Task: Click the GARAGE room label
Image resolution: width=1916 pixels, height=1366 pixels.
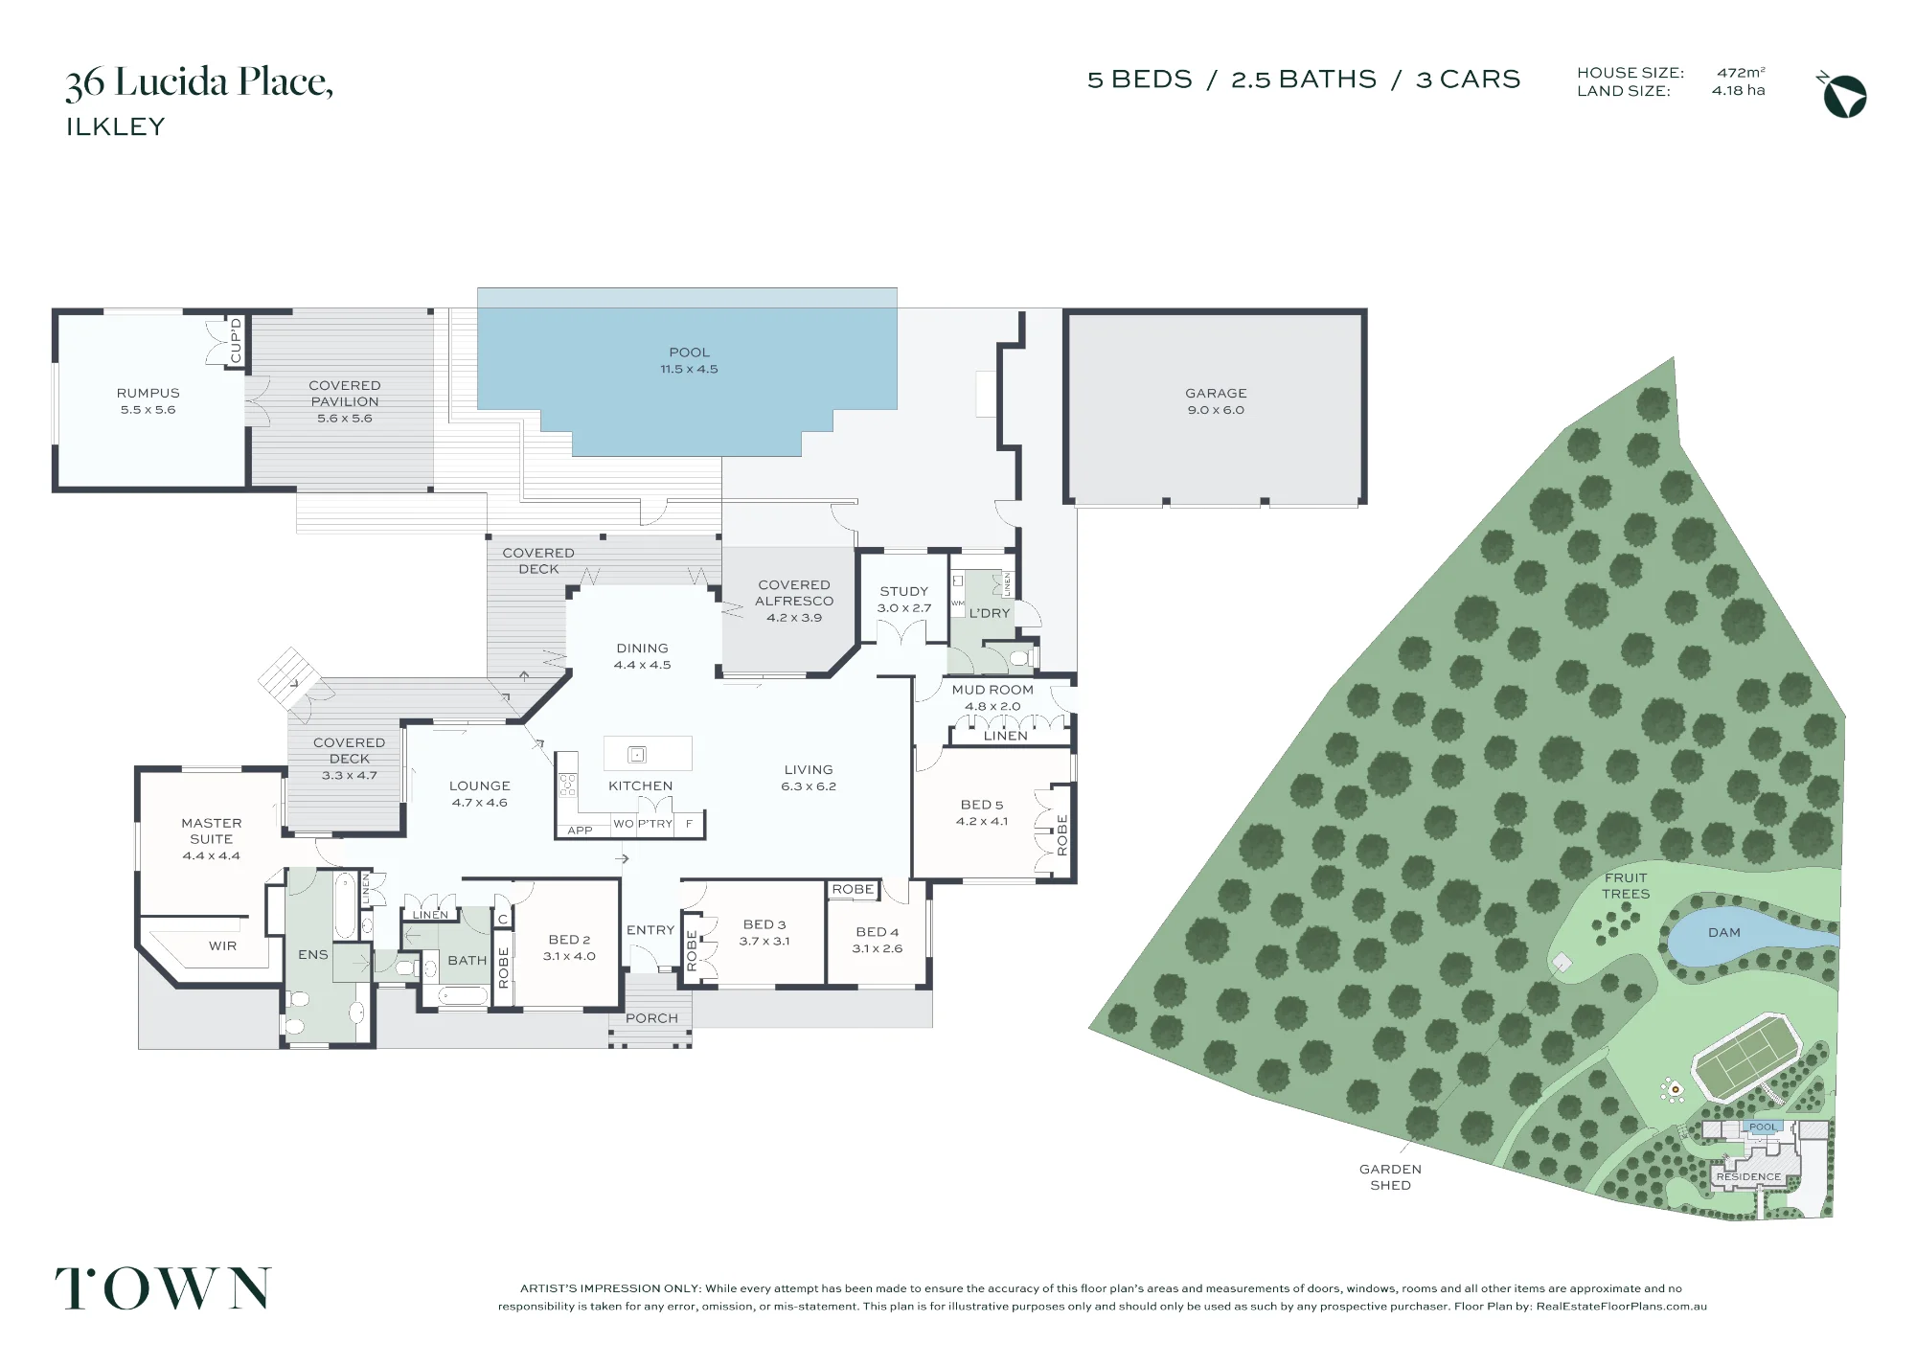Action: pos(1216,393)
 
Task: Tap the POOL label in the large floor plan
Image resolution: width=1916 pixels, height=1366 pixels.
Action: pos(689,353)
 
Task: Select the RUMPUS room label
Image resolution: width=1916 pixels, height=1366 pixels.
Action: pos(148,393)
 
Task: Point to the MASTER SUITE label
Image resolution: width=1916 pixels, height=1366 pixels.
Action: pos(212,831)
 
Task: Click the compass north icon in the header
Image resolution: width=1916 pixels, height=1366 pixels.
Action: pos(1842,95)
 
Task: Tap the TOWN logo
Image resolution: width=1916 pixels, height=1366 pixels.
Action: pos(163,1288)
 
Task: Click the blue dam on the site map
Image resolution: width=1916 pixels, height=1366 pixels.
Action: pos(1748,936)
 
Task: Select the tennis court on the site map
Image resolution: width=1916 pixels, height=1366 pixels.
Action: pos(1746,1056)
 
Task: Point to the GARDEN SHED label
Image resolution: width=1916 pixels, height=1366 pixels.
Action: pos(1390,1176)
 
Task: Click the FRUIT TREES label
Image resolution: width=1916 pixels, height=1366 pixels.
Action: pos(1626,885)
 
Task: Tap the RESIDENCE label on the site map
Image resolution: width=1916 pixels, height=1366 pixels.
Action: pos(1748,1176)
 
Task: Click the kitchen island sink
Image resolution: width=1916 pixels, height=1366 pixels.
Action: pos(637,755)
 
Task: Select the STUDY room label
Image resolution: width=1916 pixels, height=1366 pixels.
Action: pos(904,591)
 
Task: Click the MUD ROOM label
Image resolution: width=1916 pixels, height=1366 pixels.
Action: pos(992,690)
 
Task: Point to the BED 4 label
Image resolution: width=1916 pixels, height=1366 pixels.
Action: pos(878,931)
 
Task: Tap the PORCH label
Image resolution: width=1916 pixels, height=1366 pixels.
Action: pos(651,1018)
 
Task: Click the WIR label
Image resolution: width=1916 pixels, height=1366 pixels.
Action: pos(222,945)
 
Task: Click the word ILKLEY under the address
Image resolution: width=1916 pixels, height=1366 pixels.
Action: pos(116,126)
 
